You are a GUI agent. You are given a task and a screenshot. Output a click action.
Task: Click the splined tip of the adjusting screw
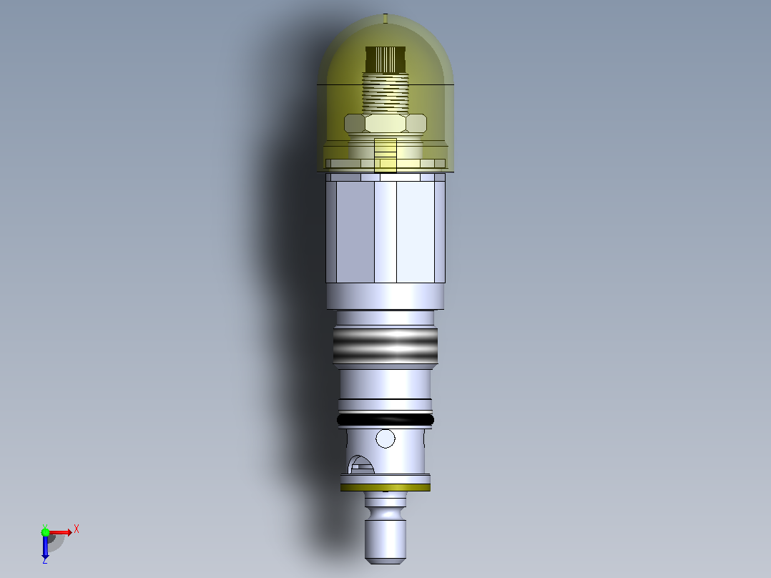pyautogui.click(x=385, y=59)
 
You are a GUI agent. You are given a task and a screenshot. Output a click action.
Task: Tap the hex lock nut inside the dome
pyautogui.click(x=385, y=123)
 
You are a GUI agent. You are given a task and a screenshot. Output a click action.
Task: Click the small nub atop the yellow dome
pyautogui.click(x=385, y=19)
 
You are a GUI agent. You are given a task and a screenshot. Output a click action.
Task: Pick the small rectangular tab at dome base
pyautogui.click(x=385, y=155)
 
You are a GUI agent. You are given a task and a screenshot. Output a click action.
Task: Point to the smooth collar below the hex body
pyautogui.click(x=385, y=297)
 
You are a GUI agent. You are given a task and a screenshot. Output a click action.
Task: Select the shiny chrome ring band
pyautogui.click(x=385, y=346)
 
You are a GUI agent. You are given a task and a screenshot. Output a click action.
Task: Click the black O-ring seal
pyautogui.click(x=385, y=420)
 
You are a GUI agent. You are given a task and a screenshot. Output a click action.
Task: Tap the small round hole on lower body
pyautogui.click(x=385, y=439)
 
